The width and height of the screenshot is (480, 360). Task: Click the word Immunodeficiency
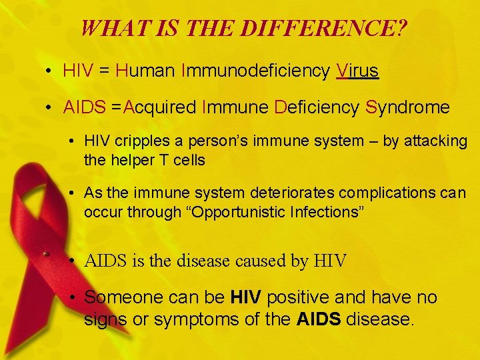pos(256,71)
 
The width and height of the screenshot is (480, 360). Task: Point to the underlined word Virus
pos(358,71)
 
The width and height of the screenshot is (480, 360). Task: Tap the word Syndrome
pos(408,107)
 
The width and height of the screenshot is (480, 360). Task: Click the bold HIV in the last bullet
pos(245,297)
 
